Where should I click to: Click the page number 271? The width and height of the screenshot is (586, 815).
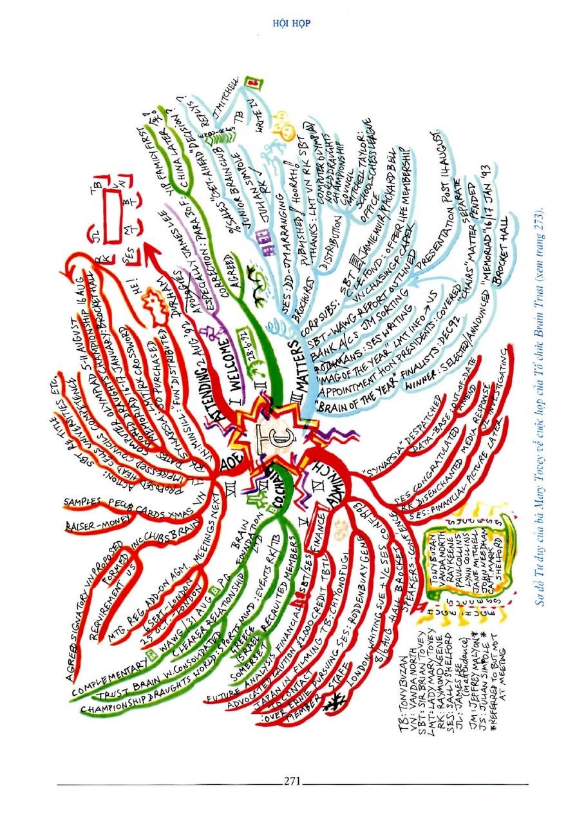coord(292,781)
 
